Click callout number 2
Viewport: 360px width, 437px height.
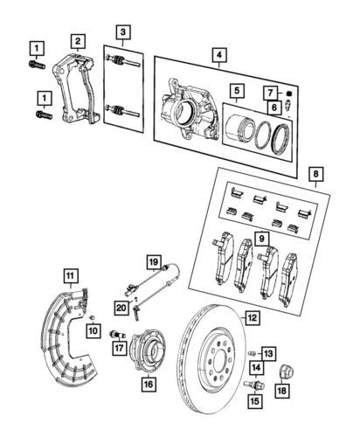[78, 41]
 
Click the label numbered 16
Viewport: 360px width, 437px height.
[148, 383]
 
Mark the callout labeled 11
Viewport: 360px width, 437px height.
[71, 274]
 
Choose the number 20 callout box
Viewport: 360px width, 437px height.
[121, 307]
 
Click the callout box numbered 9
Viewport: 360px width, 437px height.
[260, 237]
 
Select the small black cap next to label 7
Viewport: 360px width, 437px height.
[288, 91]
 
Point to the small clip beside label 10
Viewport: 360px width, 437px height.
[90, 315]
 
